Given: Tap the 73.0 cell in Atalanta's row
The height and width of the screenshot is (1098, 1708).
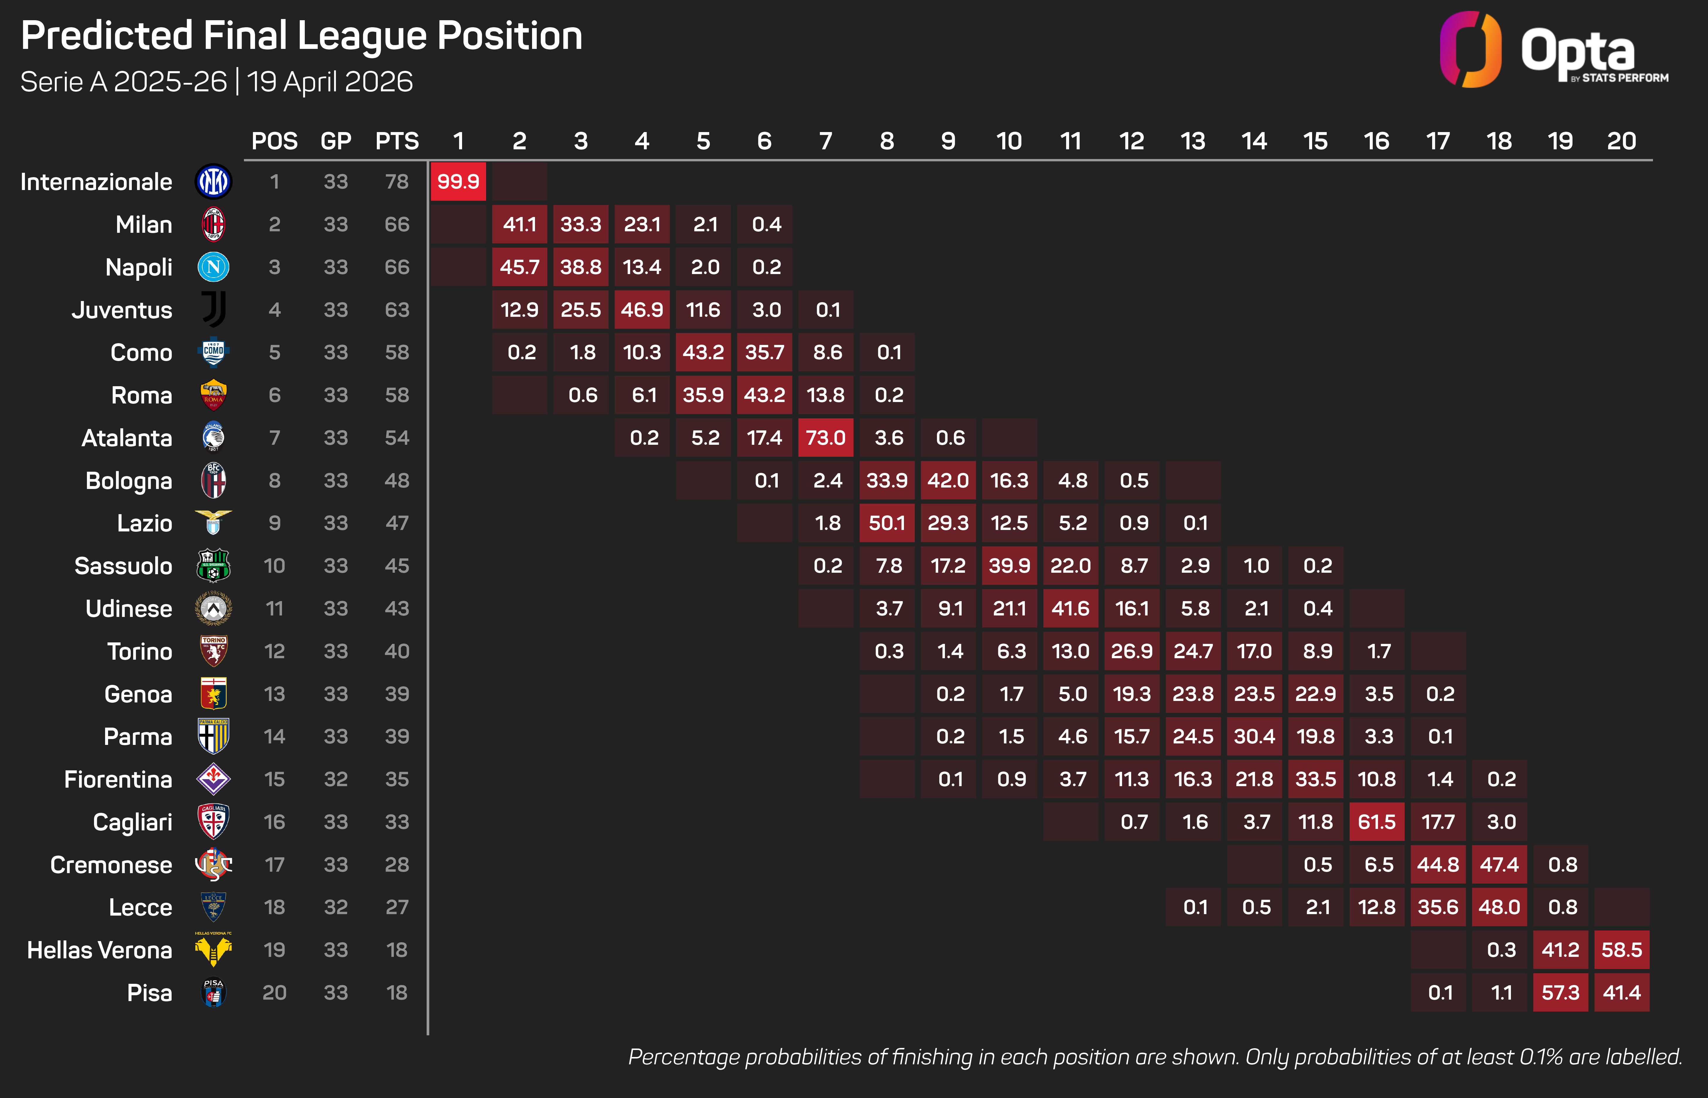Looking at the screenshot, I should (825, 438).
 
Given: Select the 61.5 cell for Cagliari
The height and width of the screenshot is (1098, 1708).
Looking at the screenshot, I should (1377, 822).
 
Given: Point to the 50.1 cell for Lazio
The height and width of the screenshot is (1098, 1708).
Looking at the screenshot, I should (887, 523).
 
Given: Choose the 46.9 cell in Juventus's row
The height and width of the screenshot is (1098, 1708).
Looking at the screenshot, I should (642, 309).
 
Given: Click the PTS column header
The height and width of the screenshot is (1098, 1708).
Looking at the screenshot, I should (397, 141).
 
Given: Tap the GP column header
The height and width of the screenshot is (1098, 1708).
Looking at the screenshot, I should (336, 141).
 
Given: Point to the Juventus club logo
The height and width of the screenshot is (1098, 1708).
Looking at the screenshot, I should (213, 309).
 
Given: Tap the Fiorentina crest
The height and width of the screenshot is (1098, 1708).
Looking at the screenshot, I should (213, 779).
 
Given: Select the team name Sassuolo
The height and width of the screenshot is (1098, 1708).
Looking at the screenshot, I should (123, 566).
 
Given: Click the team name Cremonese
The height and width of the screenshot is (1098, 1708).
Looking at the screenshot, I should (111, 865).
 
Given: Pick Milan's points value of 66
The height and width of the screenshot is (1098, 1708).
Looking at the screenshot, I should (397, 225).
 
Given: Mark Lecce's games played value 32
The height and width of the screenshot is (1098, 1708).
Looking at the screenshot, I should (336, 908).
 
